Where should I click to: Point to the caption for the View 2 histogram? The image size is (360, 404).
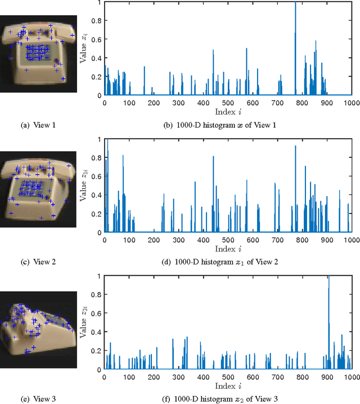click(228, 261)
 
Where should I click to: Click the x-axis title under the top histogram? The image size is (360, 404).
click(228, 111)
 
